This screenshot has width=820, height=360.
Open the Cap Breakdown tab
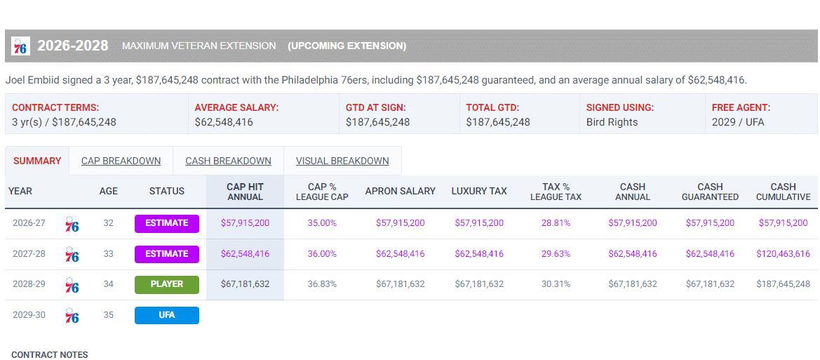[x=121, y=161]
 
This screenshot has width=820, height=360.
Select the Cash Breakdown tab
[x=228, y=161]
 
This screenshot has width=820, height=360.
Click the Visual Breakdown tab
[x=342, y=161]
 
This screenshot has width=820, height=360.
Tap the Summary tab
[x=37, y=161]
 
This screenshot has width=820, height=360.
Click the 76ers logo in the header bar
[x=20, y=46]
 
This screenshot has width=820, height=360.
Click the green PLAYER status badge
[x=167, y=284]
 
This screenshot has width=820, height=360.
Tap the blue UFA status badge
[x=167, y=315]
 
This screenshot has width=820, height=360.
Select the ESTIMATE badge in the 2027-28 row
[x=167, y=254]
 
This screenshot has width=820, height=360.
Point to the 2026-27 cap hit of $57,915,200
[x=245, y=223]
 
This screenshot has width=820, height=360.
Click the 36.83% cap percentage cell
[x=322, y=284]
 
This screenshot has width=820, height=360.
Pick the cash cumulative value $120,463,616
[x=783, y=254]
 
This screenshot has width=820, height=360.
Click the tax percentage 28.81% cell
[x=556, y=223]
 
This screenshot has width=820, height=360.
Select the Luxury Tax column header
[x=479, y=191]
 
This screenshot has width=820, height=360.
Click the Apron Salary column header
[x=401, y=191]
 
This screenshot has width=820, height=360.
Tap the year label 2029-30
[x=29, y=315]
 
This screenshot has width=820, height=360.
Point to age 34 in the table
[x=108, y=284]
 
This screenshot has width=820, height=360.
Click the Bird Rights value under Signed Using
[x=612, y=122]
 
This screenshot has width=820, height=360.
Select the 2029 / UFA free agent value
[x=738, y=122]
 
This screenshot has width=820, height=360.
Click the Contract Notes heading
[x=50, y=355]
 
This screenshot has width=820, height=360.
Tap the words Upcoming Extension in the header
[x=347, y=46]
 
